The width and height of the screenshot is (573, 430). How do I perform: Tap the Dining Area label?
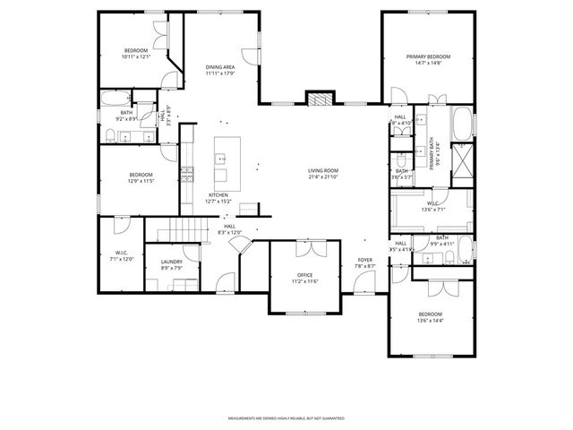[x=220, y=70]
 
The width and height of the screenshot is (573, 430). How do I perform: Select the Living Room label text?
[x=323, y=173]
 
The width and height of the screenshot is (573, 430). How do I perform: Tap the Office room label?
[x=304, y=278]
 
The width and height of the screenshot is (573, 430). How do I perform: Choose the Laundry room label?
[x=171, y=264]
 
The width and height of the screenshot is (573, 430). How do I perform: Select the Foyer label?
[x=364, y=262]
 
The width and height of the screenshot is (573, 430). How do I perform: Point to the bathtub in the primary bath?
[x=463, y=123]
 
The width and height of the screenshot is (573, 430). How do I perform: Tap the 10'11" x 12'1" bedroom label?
[x=136, y=53]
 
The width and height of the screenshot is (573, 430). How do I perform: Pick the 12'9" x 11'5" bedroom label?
[x=141, y=177]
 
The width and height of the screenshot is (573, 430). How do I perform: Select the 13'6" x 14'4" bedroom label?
[x=431, y=317]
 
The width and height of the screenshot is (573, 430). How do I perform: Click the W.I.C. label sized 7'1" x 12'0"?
[x=122, y=255]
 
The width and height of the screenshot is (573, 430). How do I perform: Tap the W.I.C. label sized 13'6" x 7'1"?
[x=432, y=206]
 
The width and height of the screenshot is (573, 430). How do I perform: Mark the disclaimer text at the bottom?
[x=286, y=418]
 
